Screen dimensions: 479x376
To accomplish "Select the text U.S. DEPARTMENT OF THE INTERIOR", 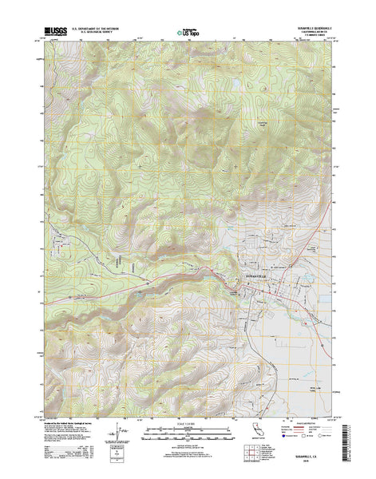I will pos(96,29).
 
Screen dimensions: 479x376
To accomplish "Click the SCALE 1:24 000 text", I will pos(188,415).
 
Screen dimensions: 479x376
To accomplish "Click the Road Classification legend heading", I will pos(299,415).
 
